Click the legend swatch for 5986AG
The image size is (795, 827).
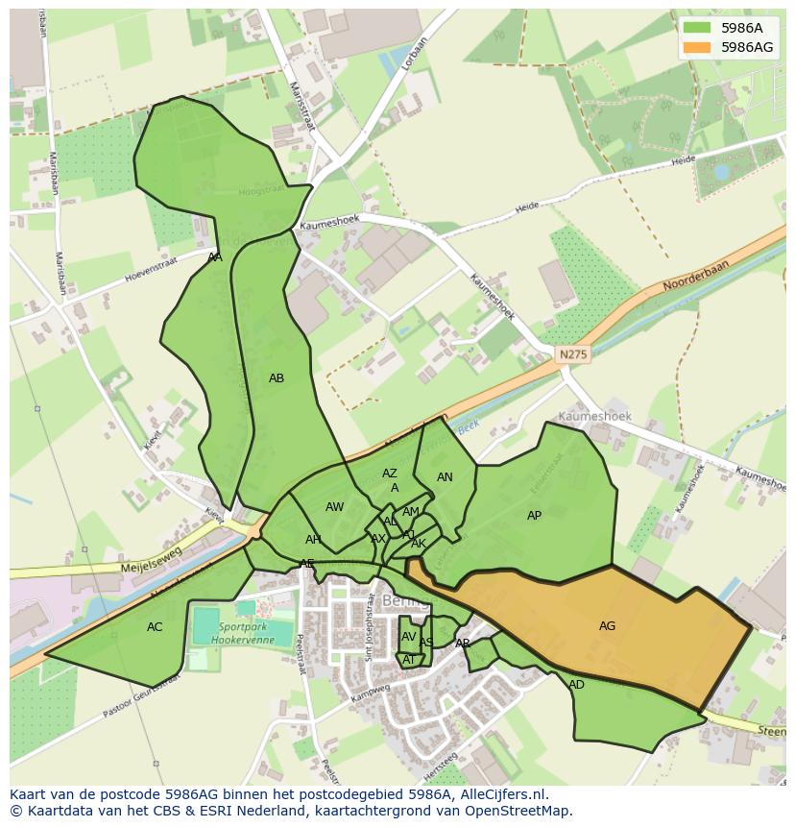pos(698,46)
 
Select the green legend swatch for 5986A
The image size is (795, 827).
pos(698,28)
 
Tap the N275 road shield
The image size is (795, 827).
pos(573,354)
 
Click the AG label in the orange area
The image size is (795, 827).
pos(607,626)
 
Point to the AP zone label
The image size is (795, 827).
pos(534,516)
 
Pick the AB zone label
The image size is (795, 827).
pos(277,378)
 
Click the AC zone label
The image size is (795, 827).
pos(155,627)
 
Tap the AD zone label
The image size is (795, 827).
pos(576,685)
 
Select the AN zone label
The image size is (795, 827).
pos(445,477)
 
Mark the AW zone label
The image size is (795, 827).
pos(334,507)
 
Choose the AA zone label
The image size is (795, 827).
pos(215,257)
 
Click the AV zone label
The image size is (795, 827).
pos(409,637)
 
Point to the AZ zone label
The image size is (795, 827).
pos(389,474)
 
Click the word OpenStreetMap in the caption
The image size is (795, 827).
pos(517,811)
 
